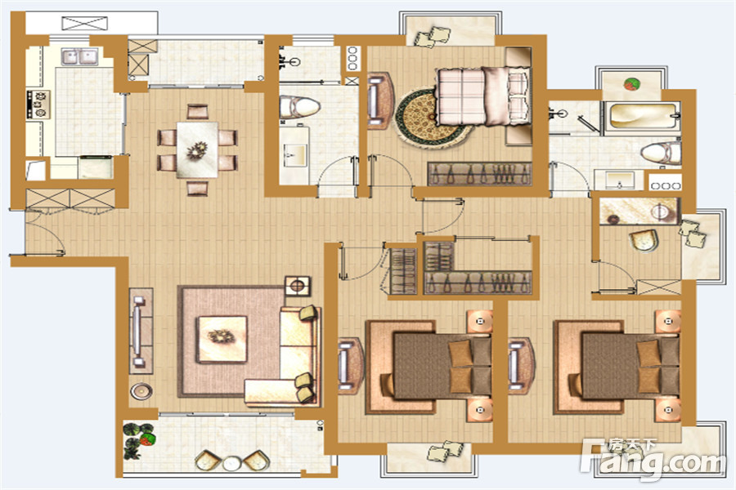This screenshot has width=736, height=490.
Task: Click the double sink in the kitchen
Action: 80,56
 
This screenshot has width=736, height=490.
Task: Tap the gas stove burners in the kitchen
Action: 38,105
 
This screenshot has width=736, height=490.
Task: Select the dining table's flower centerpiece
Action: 197,150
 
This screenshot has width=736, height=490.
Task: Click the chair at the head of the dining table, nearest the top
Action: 197,112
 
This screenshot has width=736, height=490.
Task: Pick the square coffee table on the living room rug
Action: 222,339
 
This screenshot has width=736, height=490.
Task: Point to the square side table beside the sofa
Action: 297,286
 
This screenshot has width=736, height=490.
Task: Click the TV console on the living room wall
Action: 141,331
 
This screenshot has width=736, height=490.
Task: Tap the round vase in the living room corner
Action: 141,390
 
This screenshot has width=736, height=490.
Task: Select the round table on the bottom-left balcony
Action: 231,463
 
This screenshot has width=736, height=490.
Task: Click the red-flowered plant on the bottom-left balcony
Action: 147,439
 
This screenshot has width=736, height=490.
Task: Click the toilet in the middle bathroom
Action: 299,107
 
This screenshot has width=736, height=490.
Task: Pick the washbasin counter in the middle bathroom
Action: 294,154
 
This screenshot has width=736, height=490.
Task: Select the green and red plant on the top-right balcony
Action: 631,84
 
